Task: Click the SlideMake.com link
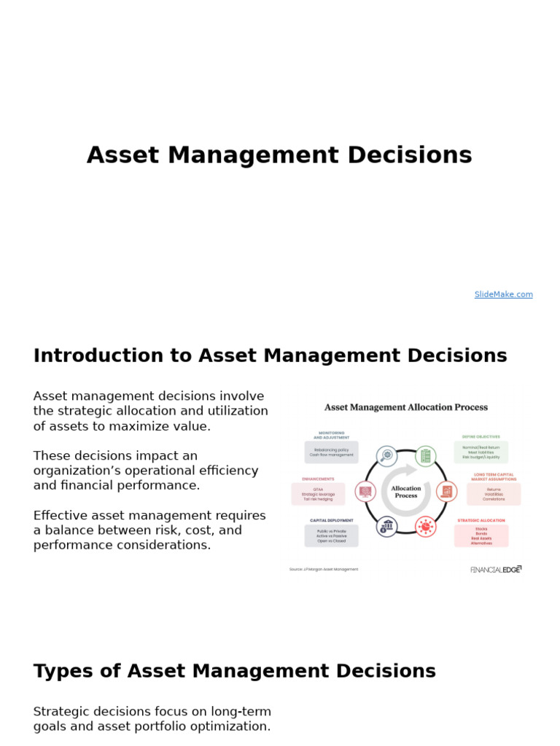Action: coord(503,294)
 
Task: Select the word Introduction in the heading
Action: coord(98,356)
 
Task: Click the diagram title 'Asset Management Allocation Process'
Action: coord(405,407)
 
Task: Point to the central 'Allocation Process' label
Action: coord(406,492)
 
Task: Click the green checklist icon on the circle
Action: coord(426,457)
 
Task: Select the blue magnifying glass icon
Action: coord(387,456)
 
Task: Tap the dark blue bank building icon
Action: coord(386,526)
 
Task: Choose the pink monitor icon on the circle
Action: coord(365,491)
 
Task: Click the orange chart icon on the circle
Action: coord(446,491)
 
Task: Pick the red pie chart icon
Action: coord(426,526)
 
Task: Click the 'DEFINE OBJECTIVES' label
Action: coord(481,437)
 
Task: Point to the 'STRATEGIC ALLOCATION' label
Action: coord(481,520)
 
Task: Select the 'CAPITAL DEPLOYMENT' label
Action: coord(332,520)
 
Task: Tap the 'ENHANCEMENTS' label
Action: coord(318,479)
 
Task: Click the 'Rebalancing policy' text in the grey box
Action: coord(331,449)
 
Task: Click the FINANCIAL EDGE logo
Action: coord(496,570)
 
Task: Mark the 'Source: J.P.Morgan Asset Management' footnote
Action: coord(324,570)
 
